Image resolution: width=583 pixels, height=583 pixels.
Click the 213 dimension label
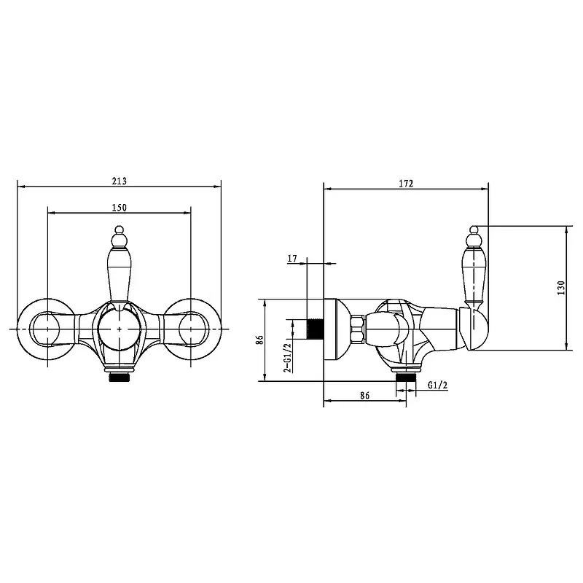coord(119,181)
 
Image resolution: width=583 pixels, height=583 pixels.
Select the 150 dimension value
coord(119,208)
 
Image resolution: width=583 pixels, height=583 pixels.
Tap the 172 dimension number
coord(406,184)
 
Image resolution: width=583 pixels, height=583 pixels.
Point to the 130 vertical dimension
coord(561,288)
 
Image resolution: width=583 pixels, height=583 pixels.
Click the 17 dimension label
coord(292,258)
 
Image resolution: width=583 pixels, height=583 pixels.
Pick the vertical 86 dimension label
coord(260,340)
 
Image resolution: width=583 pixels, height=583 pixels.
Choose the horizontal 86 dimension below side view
coord(365,395)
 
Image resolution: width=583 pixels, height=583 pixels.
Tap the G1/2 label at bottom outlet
coord(437,386)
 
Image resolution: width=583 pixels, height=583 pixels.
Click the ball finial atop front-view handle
coord(119,230)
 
